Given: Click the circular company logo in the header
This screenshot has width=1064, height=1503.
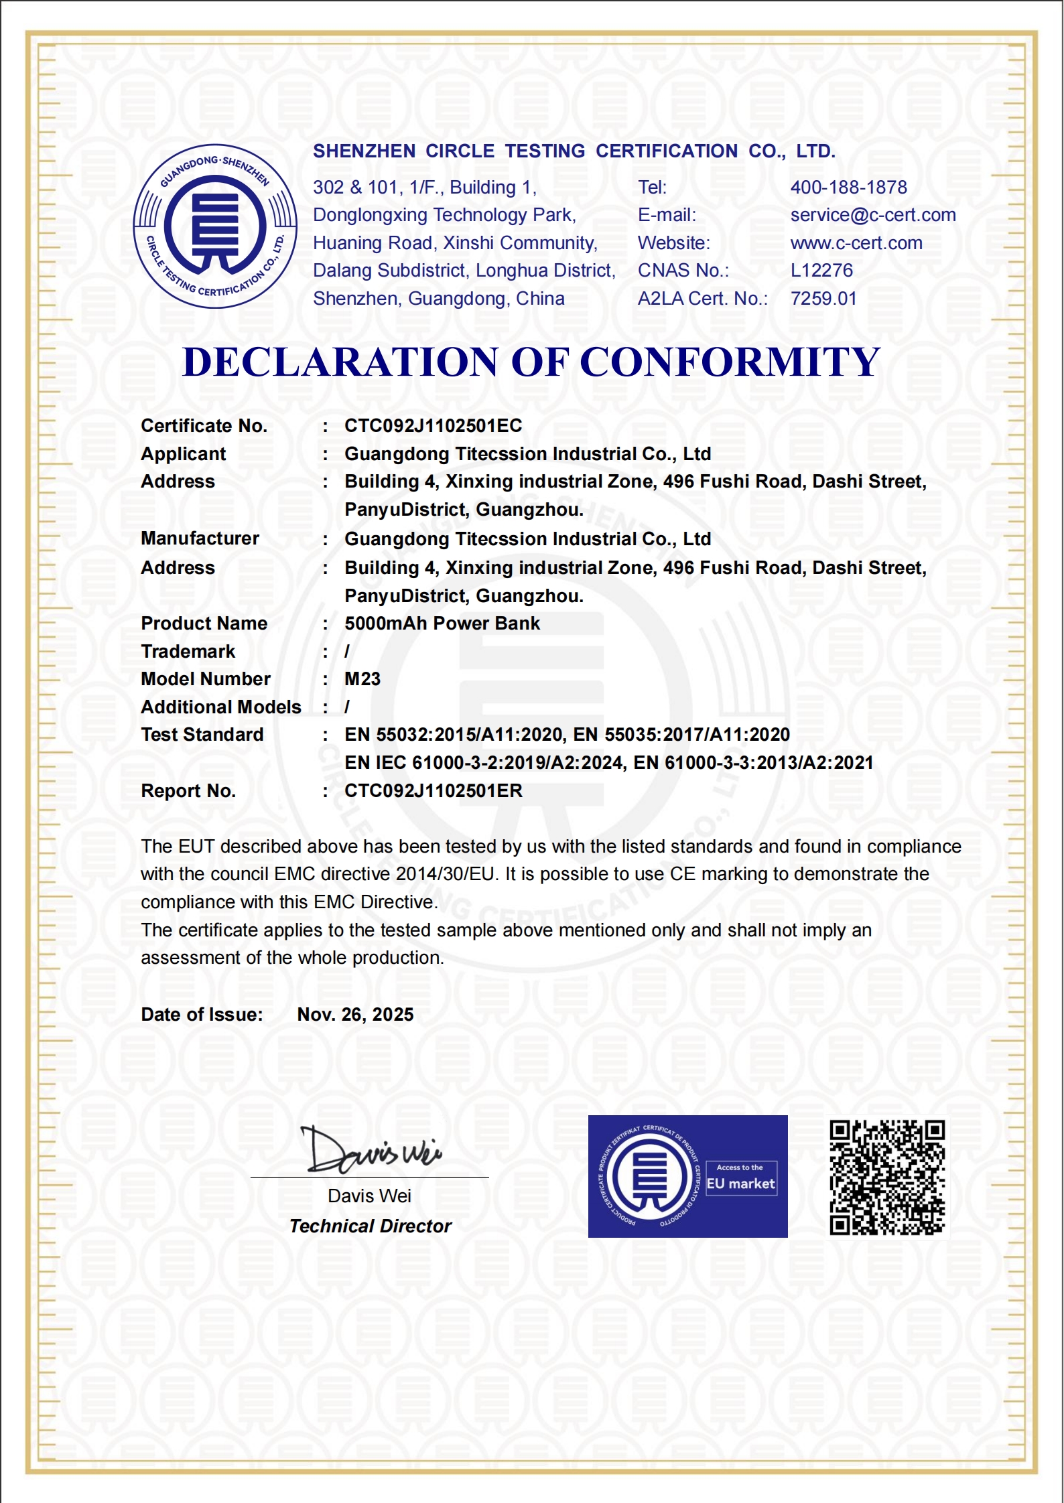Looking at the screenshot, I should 215,226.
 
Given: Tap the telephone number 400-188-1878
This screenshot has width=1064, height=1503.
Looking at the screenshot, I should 848,188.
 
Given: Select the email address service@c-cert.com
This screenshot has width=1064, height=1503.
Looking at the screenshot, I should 872,215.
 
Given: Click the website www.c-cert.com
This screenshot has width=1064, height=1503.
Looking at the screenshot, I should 856,243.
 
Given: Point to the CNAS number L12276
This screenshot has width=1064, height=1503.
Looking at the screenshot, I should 821,271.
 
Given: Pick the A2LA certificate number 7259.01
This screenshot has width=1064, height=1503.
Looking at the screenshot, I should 823,299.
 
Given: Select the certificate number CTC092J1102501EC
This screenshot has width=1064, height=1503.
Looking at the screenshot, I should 433,426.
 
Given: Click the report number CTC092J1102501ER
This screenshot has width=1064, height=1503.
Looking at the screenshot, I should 433,791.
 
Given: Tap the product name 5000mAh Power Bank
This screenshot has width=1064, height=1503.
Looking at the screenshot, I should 442,624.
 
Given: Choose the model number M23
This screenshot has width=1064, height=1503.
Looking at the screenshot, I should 362,679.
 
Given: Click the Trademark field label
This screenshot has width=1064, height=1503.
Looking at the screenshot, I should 188,652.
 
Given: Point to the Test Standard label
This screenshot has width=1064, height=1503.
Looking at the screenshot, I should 202,735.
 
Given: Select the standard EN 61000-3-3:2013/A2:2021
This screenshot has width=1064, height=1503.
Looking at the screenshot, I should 753,763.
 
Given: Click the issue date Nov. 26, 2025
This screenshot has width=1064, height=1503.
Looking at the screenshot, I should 355,1015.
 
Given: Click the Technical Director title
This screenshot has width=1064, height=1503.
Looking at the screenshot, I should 370,1226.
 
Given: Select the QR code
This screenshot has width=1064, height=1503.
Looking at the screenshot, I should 886,1177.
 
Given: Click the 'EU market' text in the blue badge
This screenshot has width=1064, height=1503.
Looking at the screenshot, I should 740,1184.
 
